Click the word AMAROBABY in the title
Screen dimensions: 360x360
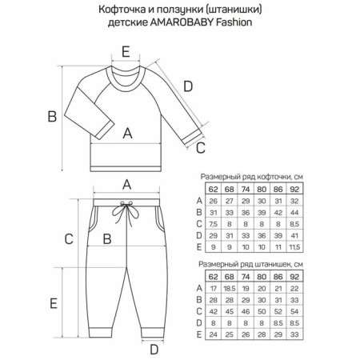182,22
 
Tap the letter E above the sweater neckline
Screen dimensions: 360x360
126,52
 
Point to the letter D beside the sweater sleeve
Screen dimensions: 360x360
188,86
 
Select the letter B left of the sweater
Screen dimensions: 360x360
52,117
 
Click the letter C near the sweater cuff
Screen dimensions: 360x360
201,148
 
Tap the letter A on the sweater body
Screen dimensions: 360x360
127,133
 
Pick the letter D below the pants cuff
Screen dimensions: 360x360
154,350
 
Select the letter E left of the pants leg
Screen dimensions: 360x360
54,303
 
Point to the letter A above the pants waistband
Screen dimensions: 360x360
127,185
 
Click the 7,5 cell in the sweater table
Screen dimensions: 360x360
214,224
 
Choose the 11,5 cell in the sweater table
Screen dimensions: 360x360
294,247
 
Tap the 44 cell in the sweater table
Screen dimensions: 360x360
294,213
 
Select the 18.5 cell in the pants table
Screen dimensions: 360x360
230,289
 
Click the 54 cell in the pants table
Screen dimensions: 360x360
294,311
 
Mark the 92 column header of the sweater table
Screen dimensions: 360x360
294,190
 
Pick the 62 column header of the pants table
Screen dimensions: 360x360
214,277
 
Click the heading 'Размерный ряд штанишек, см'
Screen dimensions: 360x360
250,265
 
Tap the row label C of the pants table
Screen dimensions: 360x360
199,311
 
